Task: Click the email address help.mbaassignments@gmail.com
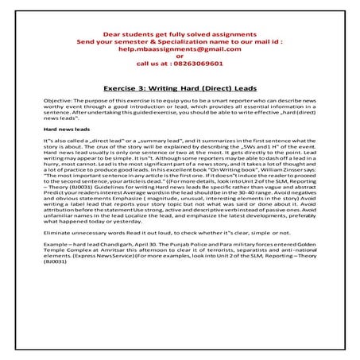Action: click(180, 48)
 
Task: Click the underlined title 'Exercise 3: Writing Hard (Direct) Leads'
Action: click(180, 91)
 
